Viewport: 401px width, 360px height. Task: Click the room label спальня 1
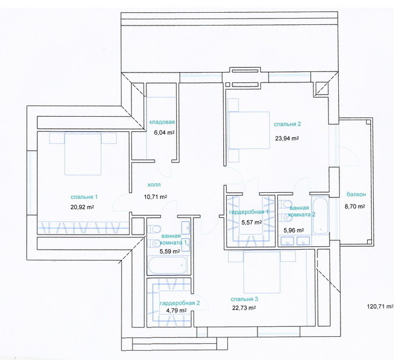point(84,197)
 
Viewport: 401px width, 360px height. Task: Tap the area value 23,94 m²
point(287,138)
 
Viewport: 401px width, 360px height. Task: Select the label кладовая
point(162,122)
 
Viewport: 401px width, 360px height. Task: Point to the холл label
point(154,185)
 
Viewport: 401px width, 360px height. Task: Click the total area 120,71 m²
point(380,307)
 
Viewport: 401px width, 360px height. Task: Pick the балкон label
point(356,194)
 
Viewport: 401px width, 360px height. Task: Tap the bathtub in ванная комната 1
point(167,265)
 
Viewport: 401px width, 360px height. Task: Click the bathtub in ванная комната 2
point(320,215)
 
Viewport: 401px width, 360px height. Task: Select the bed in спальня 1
point(83,153)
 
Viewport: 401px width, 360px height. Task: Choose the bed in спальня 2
point(249,130)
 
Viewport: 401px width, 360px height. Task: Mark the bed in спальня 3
point(262,272)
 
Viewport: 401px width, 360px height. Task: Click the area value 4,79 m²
point(176,311)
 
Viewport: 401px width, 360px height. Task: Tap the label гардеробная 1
point(249,212)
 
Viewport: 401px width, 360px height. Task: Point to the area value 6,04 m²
point(164,132)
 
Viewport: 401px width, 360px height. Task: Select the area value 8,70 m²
point(355,207)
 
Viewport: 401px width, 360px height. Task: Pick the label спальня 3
point(244,299)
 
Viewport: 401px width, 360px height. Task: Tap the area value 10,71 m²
point(156,197)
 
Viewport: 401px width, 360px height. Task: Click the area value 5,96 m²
point(293,230)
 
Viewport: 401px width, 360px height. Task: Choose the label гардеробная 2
point(180,303)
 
